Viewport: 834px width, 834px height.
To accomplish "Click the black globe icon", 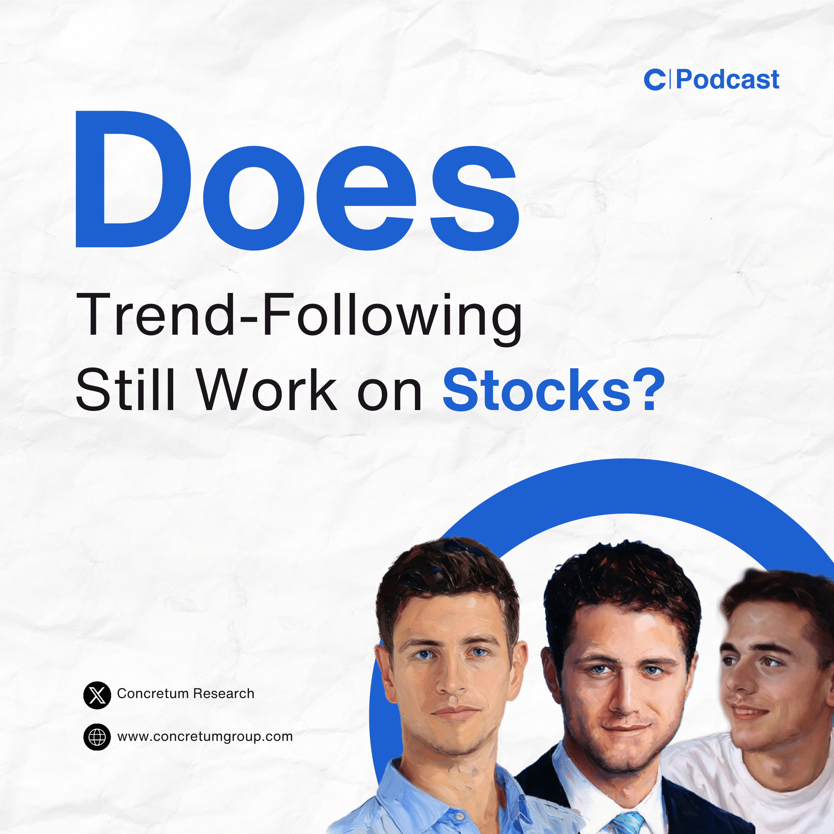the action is point(97,737).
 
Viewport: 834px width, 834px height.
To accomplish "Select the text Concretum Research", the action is point(186,694).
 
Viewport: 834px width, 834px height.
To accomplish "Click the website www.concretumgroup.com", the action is point(205,736).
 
